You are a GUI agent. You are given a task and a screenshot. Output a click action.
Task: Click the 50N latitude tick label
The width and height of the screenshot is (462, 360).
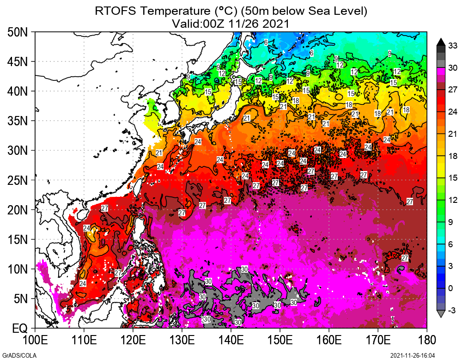(18, 32)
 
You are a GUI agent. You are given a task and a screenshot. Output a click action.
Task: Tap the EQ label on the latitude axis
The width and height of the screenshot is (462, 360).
(20, 329)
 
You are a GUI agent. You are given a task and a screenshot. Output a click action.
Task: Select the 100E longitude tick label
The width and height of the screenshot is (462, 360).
(35, 341)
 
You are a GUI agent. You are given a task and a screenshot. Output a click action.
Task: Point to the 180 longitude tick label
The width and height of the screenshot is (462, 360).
(426, 341)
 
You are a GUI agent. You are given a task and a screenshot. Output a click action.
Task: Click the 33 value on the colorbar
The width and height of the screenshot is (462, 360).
(452, 45)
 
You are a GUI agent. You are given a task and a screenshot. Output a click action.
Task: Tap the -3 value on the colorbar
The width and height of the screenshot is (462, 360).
(451, 311)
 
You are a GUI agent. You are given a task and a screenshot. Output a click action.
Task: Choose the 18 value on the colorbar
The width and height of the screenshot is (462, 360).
(452, 156)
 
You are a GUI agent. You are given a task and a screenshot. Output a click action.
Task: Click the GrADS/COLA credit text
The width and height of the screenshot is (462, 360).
(15, 355)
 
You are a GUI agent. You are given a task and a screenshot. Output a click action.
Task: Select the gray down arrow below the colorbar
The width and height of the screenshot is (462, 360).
(440, 314)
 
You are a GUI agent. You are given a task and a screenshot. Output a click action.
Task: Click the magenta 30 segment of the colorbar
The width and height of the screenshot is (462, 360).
(440, 71)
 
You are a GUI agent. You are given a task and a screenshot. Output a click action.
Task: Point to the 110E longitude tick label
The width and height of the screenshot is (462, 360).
(84, 341)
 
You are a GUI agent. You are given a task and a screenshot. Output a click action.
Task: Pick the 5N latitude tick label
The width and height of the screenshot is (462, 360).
(20, 299)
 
